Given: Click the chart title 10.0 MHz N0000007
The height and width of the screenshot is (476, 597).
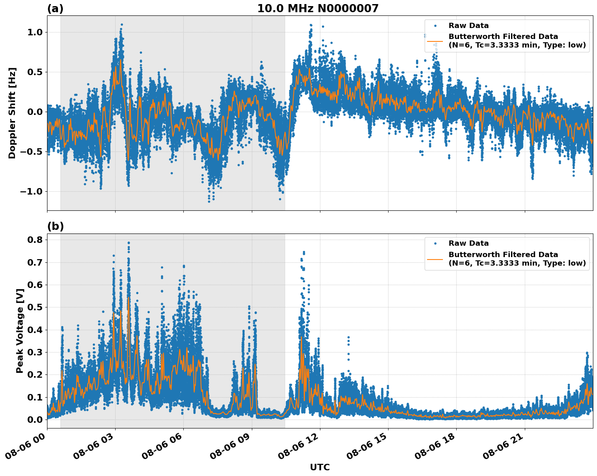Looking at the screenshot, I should tap(318, 9).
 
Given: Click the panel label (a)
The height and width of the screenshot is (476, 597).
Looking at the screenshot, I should tap(55, 9).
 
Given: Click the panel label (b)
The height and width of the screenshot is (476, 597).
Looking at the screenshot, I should tap(55, 226).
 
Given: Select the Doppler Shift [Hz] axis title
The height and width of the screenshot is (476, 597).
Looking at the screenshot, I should tap(12, 113).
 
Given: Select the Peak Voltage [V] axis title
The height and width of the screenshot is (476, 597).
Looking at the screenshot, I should tap(19, 331).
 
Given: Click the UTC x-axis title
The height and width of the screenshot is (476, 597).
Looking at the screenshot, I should tap(320, 467).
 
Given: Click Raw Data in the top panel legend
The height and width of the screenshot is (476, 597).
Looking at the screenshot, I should tap(468, 26).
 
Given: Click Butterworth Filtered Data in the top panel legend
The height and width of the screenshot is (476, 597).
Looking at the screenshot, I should tap(503, 37).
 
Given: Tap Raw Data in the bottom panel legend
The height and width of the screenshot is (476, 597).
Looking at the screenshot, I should tap(468, 243).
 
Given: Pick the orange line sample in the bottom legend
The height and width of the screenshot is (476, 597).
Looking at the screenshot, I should tap(435, 259).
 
